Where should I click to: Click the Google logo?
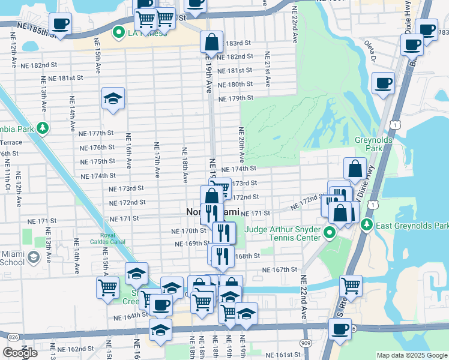tap(20, 353)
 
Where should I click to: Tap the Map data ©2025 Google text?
tap(412, 355)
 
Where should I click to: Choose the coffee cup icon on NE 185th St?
tap(60, 24)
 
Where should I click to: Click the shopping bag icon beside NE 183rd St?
tap(212, 42)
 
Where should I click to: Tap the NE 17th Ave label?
tap(157, 160)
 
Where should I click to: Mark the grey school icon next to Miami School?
tap(34, 258)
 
